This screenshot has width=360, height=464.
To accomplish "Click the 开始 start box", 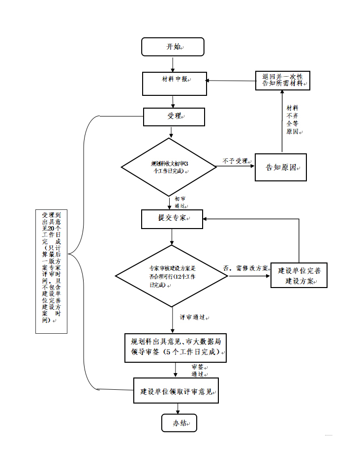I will [172, 47].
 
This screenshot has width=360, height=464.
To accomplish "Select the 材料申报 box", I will [174, 84].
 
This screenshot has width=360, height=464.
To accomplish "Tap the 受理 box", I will [174, 116].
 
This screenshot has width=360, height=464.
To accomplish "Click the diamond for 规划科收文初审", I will [169, 167].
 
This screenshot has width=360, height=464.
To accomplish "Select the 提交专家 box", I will [172, 219].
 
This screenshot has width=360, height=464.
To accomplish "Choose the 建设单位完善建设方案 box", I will [299, 276].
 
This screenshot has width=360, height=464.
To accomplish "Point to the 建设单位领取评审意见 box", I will [176, 391].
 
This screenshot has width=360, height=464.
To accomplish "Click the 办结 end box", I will [179, 423].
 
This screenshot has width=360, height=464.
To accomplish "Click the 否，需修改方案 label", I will [246, 268].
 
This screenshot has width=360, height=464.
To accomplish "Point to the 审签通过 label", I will [198, 370].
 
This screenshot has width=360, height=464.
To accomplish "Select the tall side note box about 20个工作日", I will [52, 271].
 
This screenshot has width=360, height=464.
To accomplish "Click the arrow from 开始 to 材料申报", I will [173, 64].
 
